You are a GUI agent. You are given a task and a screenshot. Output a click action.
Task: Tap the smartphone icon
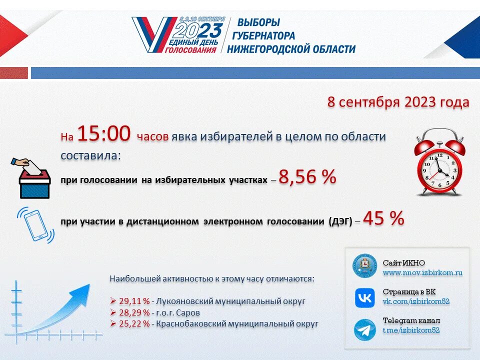tap(35, 225)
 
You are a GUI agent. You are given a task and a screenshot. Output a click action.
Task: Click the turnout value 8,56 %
tap(307, 177)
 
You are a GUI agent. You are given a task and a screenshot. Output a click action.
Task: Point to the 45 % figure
tap(383, 218)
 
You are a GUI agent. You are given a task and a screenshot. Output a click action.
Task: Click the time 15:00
tap(104, 134)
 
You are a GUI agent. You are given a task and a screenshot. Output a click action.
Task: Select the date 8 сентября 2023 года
tap(398, 102)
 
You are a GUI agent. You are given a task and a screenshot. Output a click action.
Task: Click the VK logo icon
tap(365, 298)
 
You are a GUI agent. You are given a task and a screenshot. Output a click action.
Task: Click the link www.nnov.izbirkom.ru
tap(422, 273)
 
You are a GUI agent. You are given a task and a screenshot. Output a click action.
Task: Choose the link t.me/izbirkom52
tap(411, 330)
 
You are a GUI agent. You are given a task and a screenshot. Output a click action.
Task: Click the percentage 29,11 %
tap(134, 301)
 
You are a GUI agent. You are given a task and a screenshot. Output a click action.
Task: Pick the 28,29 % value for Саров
tap(134, 312)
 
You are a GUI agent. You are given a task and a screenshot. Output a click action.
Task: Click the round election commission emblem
tap(365, 265)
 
